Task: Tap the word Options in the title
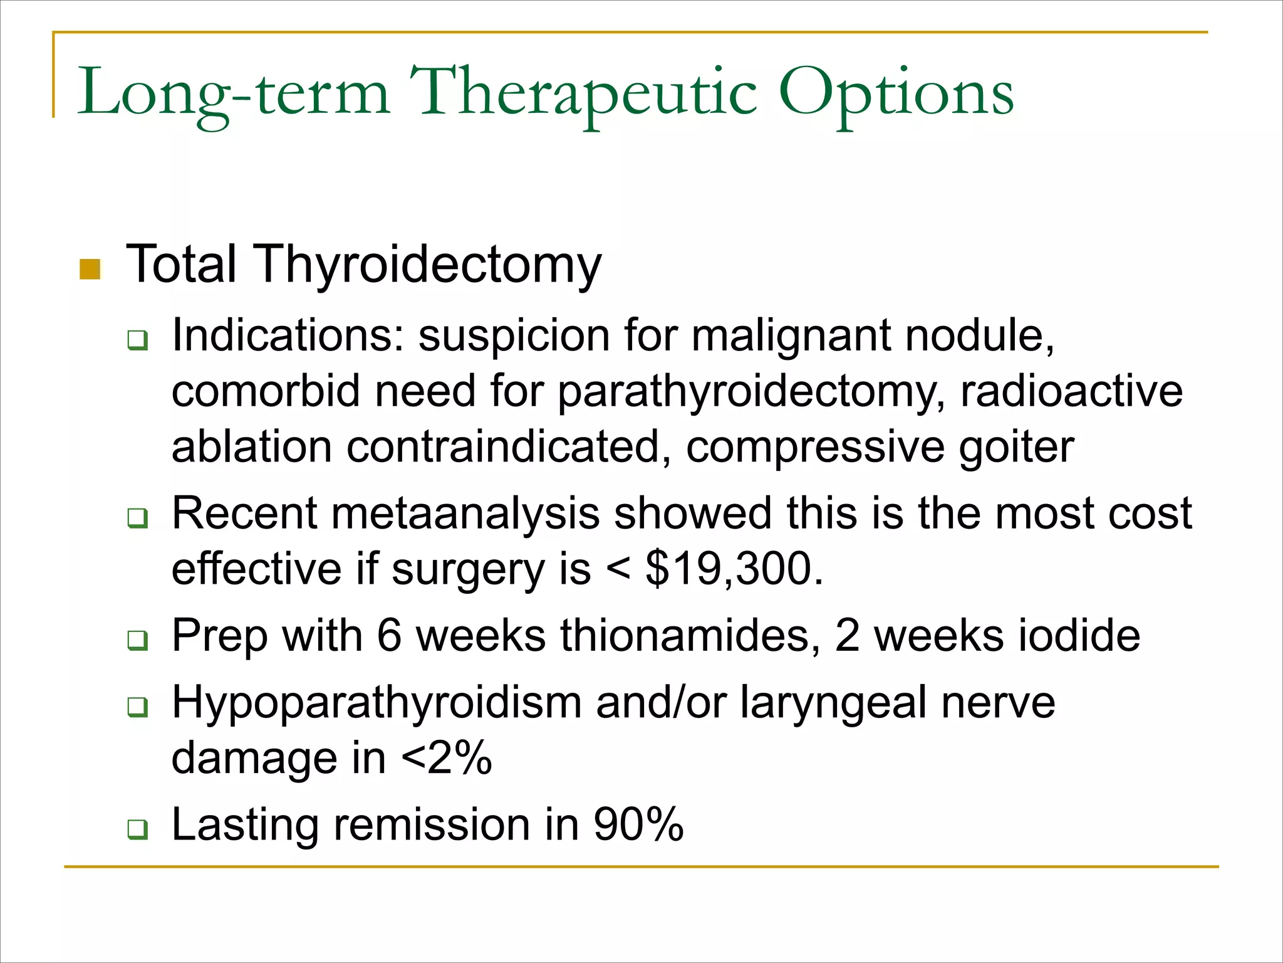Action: [x=896, y=94]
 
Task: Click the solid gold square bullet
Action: [x=90, y=270]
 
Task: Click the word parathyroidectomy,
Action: [x=751, y=392]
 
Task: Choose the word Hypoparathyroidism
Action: [x=377, y=702]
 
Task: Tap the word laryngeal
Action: [x=833, y=702]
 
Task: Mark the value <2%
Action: [x=446, y=758]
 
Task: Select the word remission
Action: [x=432, y=824]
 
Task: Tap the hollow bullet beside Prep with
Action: [x=137, y=640]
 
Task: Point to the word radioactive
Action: [x=1071, y=392]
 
